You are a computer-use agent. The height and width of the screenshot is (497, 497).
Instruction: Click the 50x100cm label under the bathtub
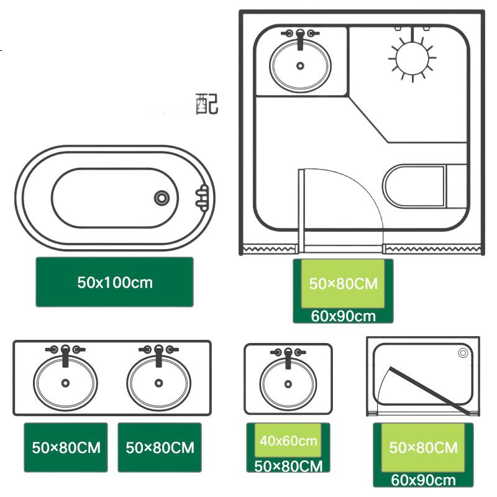(x=115, y=282)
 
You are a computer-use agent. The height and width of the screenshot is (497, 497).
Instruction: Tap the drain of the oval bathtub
(x=162, y=198)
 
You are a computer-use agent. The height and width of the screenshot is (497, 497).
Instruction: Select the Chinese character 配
(x=207, y=104)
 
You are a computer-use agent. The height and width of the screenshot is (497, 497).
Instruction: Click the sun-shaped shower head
(x=412, y=58)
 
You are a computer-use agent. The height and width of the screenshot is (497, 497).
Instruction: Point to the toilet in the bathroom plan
(x=425, y=186)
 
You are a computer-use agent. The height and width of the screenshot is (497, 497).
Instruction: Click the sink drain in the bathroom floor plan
(x=300, y=66)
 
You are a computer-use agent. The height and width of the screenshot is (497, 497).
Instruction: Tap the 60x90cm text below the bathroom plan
(x=344, y=316)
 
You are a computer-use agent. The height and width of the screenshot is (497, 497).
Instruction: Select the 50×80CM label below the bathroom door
(x=344, y=284)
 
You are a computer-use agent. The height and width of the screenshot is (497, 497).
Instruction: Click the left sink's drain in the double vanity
(x=65, y=383)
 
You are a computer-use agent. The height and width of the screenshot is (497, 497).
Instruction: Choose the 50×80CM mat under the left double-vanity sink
(x=66, y=447)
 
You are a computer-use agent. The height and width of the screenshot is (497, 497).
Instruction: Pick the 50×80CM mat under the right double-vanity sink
(x=160, y=447)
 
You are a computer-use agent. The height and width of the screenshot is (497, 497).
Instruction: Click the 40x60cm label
(x=288, y=440)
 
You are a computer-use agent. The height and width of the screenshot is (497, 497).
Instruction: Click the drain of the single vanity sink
(x=288, y=384)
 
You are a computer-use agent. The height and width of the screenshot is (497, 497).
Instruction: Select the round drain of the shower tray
(x=463, y=353)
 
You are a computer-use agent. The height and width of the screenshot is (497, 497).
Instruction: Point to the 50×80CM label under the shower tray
(x=424, y=447)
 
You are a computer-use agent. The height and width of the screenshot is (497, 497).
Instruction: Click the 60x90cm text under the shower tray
(x=424, y=480)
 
